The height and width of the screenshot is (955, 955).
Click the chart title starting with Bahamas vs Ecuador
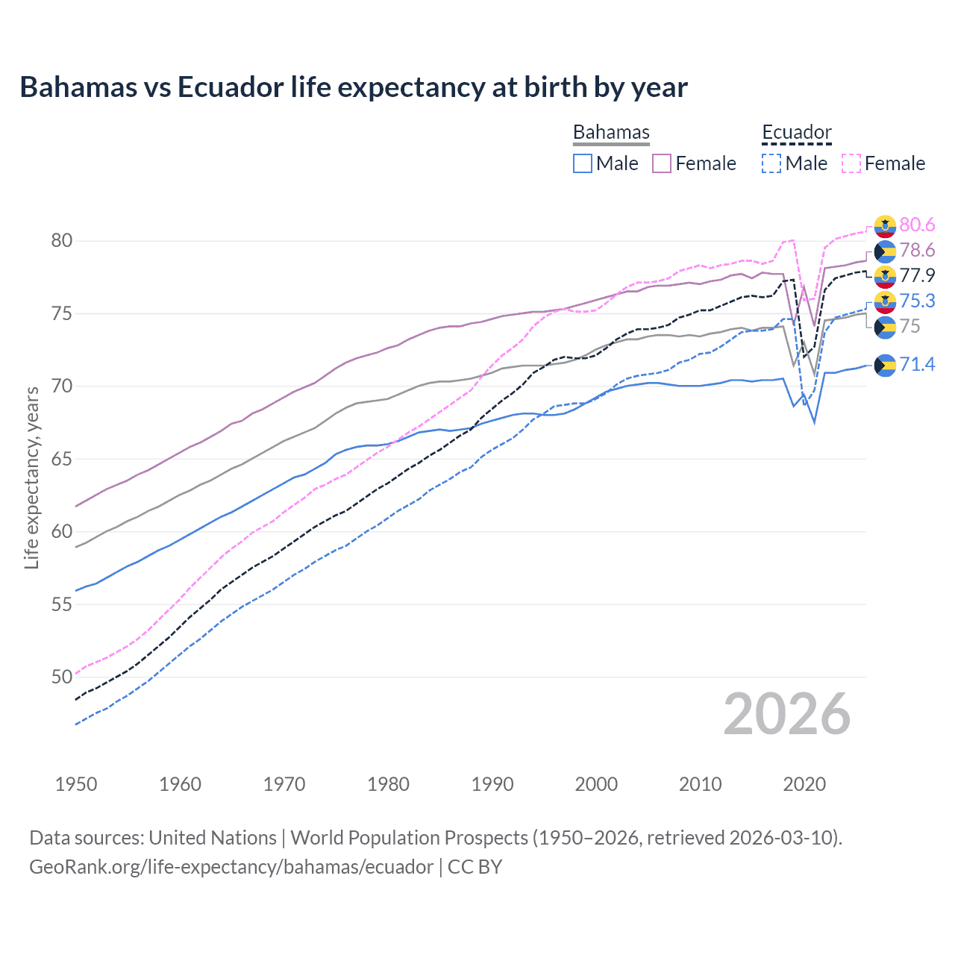coord(353,87)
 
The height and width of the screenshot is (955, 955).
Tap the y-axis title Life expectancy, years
coord(31,477)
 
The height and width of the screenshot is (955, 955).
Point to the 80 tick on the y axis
coord(62,240)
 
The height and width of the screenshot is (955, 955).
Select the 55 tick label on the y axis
coord(62,604)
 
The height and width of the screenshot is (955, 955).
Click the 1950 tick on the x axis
coord(76,784)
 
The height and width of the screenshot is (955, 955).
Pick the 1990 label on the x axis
coord(492,784)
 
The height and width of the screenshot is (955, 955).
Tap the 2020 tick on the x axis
coord(804,784)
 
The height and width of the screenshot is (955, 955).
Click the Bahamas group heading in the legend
coord(611,132)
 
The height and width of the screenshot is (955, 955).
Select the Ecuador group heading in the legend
coord(796,132)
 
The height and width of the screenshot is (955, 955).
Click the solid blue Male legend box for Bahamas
coord(583,163)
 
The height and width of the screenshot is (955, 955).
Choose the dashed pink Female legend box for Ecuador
coord(851,163)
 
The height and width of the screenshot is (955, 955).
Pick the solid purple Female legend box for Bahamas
coord(662,163)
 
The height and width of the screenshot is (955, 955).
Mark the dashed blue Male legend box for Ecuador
coord(771,163)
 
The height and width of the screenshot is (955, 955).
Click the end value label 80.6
coord(917,225)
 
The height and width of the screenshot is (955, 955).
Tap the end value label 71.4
coord(917,364)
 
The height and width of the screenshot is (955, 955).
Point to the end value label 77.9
coord(917,276)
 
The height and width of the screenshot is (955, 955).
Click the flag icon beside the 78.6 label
coord(885,251)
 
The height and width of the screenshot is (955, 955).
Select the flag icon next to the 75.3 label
coord(885,301)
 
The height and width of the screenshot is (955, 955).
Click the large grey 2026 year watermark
coord(786,714)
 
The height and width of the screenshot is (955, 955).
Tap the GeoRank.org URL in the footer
coord(231,867)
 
